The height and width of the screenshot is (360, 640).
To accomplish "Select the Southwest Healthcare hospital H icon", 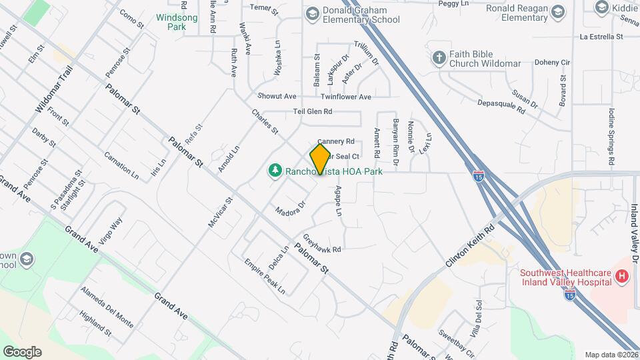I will [x=622, y=276].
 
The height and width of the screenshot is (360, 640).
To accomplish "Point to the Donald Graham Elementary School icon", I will [x=312, y=13].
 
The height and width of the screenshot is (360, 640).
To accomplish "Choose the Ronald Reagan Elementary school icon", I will [x=557, y=13].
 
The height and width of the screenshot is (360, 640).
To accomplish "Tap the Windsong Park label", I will [x=177, y=22].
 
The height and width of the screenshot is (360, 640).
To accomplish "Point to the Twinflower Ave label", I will [x=346, y=97].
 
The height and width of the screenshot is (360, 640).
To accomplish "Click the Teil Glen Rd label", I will [x=312, y=112].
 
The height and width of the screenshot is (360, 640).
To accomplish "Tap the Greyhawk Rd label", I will [x=322, y=244].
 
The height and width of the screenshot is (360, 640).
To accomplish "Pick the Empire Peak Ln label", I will [x=264, y=277].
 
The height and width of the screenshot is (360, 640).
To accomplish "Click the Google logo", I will [x=22, y=351].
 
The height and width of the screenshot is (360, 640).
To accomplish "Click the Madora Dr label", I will [x=290, y=207].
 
